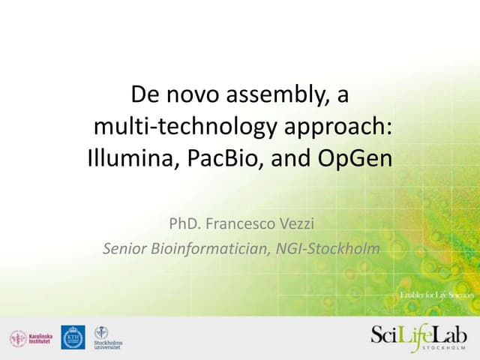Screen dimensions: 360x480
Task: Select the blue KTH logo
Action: tap(73, 337)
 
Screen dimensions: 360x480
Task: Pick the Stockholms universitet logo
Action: tap(107, 338)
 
